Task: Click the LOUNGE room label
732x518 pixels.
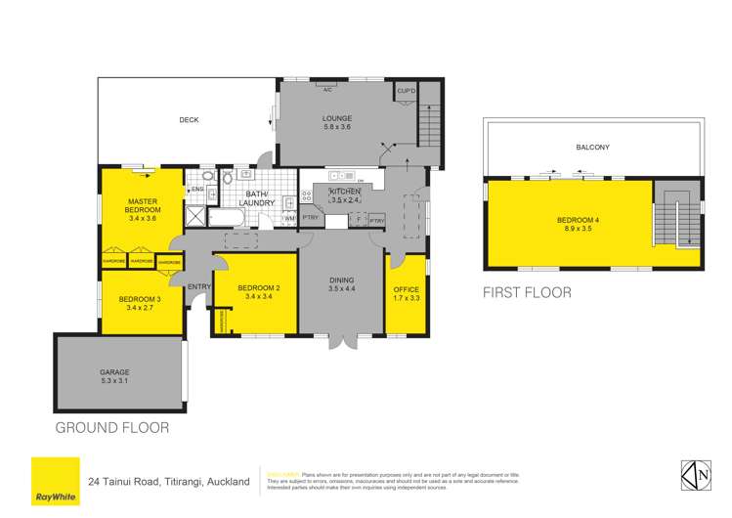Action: click(x=336, y=120)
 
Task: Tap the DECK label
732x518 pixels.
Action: click(x=189, y=120)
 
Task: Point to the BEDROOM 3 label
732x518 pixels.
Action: click(x=137, y=304)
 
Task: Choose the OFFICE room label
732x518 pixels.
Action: click(x=406, y=295)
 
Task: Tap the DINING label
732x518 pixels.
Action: click(x=342, y=284)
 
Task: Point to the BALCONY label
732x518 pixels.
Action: click(x=592, y=148)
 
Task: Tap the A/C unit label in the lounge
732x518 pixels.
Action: click(x=328, y=89)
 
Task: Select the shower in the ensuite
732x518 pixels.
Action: click(x=195, y=217)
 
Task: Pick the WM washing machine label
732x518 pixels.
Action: click(x=288, y=218)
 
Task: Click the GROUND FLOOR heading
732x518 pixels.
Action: click(x=112, y=427)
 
